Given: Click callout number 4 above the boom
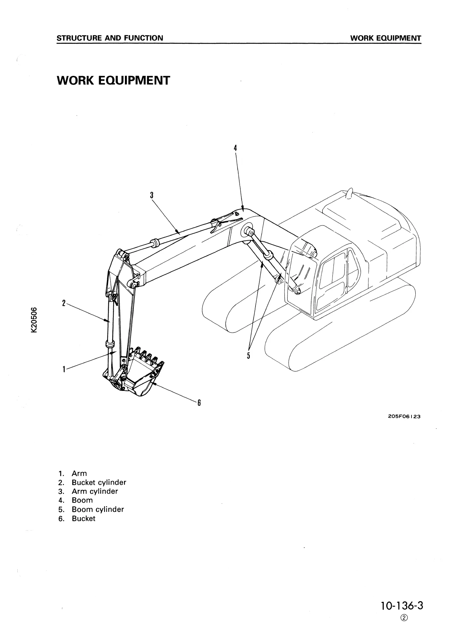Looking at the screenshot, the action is [235, 148].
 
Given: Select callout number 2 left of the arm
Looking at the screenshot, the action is [64, 303].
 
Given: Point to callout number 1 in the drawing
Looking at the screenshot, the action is [64, 369].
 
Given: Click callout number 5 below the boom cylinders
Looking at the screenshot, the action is [248, 355].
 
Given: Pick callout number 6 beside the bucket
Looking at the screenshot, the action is [199, 403].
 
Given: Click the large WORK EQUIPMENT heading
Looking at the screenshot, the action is [113, 81].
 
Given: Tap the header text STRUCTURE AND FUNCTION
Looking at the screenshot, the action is [110, 38].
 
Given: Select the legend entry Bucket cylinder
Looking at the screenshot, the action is [99, 483].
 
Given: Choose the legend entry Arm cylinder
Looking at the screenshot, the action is [95, 491].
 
